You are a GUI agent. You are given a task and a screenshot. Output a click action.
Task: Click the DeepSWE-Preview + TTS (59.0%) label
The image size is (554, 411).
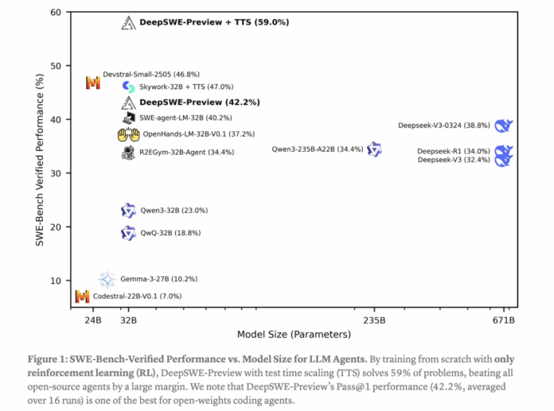coord(214,23)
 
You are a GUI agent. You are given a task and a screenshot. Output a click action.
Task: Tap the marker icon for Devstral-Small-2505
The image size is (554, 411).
coord(93,83)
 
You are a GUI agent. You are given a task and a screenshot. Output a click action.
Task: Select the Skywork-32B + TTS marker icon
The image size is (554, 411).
coord(128,87)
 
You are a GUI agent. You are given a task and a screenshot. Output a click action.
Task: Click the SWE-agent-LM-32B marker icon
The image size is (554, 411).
coord(128,118)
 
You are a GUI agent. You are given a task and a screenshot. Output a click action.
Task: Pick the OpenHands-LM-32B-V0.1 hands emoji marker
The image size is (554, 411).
coord(128,135)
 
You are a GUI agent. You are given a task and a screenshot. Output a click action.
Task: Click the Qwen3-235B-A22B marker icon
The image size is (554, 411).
coord(374,149)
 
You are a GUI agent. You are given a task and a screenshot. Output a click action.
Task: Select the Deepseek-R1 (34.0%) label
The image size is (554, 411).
coord(453,151)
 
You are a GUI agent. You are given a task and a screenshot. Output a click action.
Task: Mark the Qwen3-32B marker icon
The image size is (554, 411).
coord(128,211)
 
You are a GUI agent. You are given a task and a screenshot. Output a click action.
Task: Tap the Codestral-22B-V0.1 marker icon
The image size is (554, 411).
coord(82,297)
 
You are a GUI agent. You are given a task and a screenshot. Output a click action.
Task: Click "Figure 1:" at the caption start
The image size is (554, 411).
coord(51,359)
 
